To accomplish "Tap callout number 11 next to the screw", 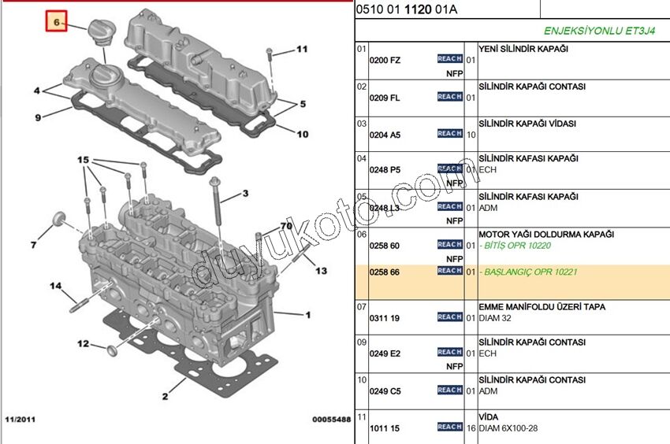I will coord(301,50).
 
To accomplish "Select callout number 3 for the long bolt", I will coord(245,193).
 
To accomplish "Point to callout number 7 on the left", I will coord(33,246).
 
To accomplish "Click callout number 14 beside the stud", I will coord(56,285).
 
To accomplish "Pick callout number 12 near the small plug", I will coord(83,343).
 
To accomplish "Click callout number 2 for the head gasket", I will coord(166,396).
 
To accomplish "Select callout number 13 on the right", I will coord(321,271).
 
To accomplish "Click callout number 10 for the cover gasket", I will coord(303,134).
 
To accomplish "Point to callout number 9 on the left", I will coord(37,118).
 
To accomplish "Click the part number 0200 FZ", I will coord(385,60).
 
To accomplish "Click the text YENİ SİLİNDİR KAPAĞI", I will coord(523,49).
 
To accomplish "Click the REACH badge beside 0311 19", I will coord(449,316).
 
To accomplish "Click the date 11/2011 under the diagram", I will coord(20,420).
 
